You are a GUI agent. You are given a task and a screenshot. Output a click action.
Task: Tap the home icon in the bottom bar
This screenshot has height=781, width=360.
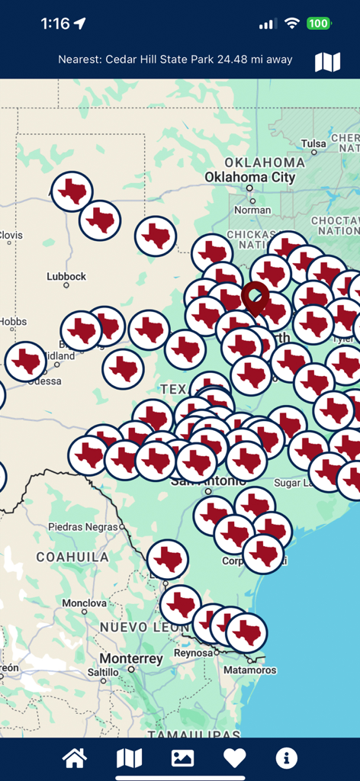click(x=75, y=758)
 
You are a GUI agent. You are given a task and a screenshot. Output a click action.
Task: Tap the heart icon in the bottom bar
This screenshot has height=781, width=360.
click(x=234, y=758)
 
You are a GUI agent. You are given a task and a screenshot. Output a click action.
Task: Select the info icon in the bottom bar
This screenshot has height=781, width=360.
click(x=287, y=758)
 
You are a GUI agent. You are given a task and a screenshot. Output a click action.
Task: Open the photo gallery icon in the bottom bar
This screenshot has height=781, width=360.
click(x=182, y=758)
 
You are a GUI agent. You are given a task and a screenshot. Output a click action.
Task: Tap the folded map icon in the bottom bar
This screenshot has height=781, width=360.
click(x=129, y=758)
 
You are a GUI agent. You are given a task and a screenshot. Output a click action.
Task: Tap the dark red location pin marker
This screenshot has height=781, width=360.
click(x=255, y=297)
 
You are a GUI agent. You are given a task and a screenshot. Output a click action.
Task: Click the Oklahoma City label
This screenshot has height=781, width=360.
click(x=249, y=177)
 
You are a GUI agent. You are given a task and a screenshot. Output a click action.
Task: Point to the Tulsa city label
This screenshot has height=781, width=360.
click(x=313, y=143)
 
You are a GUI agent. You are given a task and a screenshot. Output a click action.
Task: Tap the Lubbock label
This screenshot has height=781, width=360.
click(x=66, y=276)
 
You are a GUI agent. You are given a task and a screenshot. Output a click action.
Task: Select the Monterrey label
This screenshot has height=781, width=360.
click(x=131, y=658)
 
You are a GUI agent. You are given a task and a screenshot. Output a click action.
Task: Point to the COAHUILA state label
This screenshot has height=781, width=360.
click(x=72, y=557)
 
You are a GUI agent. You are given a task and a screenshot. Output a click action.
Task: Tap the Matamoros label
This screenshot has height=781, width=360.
click(x=249, y=670)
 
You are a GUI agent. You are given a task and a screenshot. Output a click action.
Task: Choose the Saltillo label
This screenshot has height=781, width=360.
click(x=103, y=672)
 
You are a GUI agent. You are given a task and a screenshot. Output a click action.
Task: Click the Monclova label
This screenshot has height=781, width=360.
click(x=84, y=603)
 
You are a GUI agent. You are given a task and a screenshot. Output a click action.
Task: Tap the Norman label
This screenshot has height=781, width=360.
click(x=252, y=210)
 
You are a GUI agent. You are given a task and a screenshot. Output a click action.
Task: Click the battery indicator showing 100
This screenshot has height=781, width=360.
click(x=318, y=24)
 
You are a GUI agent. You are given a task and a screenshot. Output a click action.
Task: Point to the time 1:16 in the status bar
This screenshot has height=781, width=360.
click(x=55, y=24)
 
